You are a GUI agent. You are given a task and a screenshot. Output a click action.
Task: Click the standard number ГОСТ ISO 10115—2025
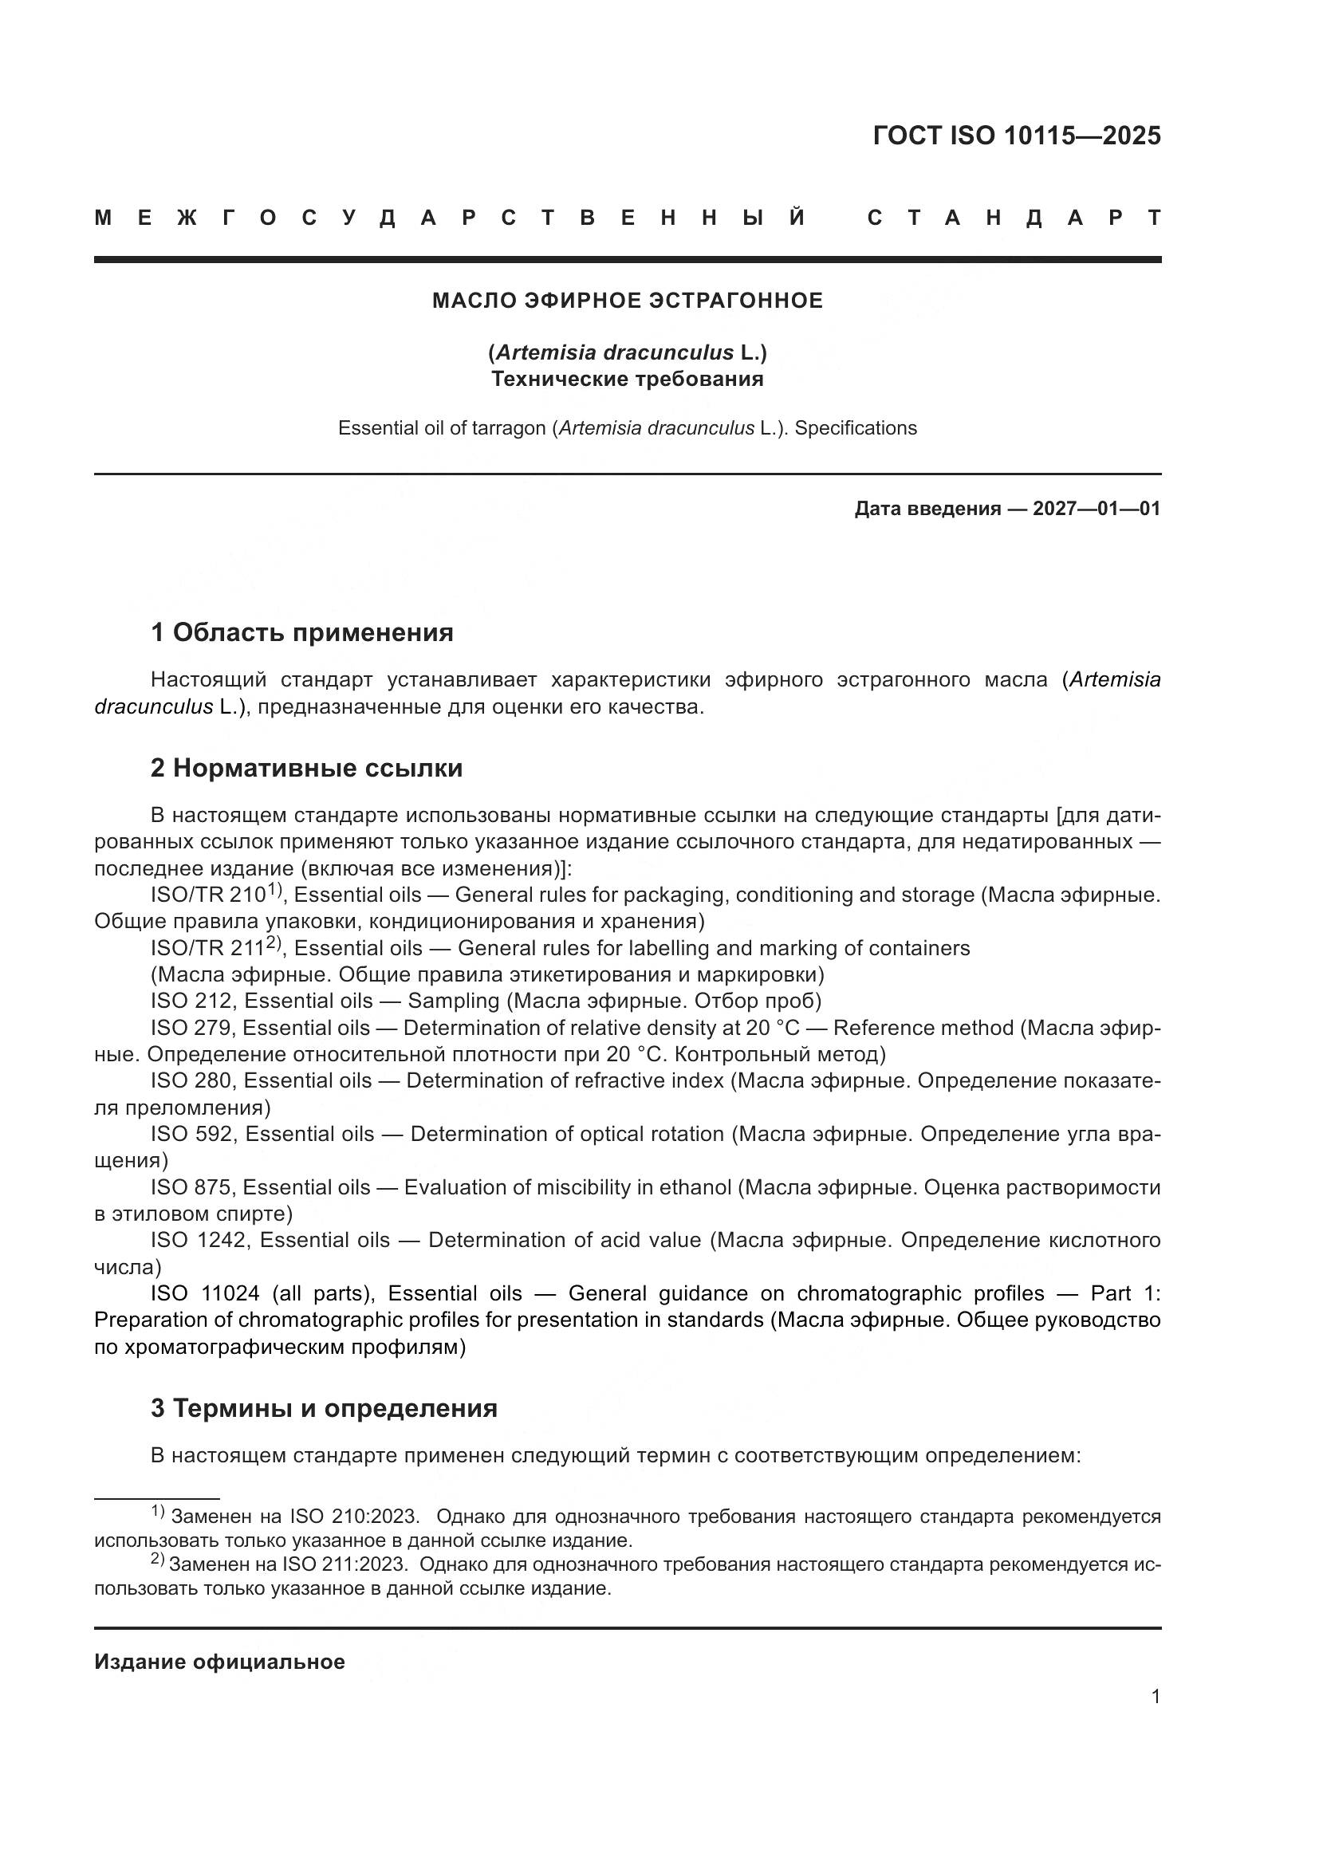click(x=1016, y=135)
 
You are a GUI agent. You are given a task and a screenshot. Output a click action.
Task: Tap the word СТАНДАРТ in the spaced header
click(x=1014, y=218)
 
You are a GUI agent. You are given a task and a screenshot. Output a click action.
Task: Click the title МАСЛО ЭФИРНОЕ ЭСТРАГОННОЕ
click(x=627, y=301)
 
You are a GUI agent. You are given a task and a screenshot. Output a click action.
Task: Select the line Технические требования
click(x=627, y=380)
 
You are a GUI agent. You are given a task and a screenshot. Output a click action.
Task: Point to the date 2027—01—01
click(x=1096, y=510)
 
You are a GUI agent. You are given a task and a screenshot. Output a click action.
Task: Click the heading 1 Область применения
click(x=301, y=632)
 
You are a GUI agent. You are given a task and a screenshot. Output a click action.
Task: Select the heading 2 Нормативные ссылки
click(x=306, y=768)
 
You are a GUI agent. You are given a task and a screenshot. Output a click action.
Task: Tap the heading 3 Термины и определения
click(x=323, y=1407)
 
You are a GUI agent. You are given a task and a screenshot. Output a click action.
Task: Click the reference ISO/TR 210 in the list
click(x=208, y=895)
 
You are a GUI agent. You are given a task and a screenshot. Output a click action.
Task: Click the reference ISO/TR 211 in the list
click(x=208, y=949)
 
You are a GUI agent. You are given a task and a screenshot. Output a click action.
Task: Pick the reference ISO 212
click(x=191, y=1001)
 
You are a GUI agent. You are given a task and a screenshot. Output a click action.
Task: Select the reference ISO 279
click(x=191, y=1029)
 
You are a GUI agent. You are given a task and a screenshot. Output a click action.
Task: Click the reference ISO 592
click(x=192, y=1134)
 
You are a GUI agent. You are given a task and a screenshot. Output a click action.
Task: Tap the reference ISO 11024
click(x=205, y=1293)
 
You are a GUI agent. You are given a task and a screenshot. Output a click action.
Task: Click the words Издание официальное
click(x=219, y=1662)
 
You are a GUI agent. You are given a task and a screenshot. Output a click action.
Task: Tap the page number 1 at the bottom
click(x=1155, y=1697)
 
